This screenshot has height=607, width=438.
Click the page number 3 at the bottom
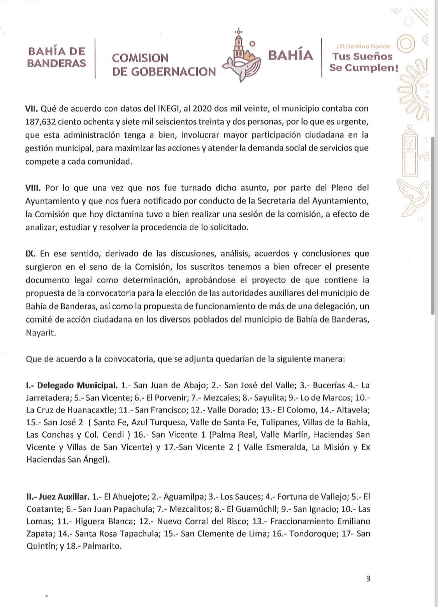pos(368,579)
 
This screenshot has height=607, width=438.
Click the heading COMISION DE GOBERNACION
pos(164,65)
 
